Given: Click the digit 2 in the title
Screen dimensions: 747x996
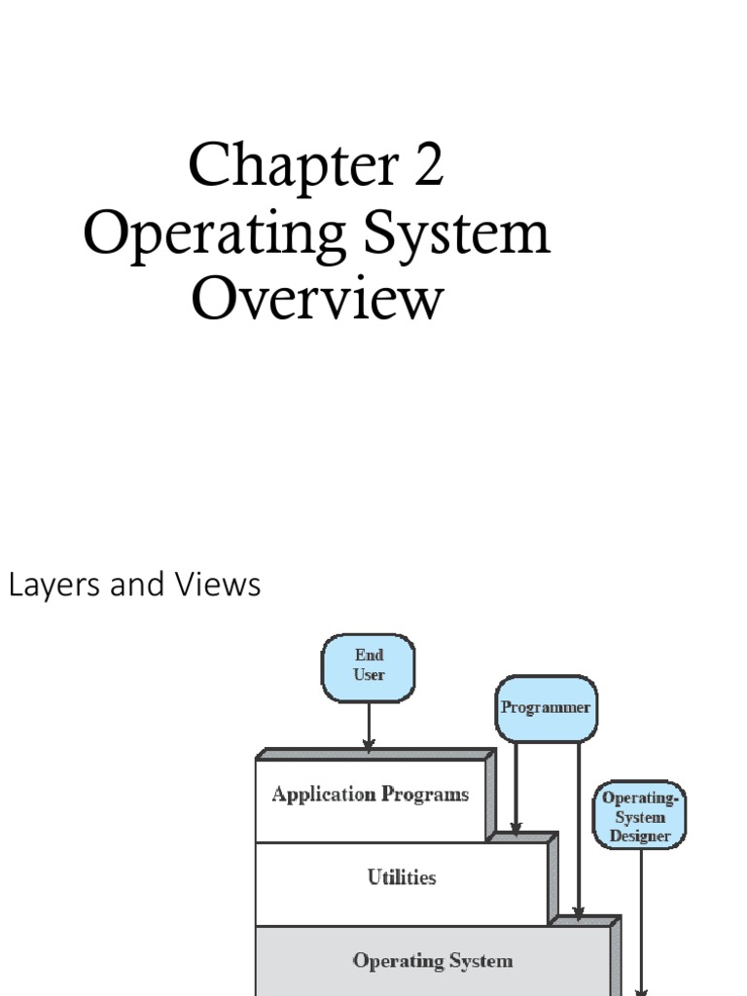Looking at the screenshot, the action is (x=426, y=165).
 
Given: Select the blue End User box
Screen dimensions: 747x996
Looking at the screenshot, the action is (x=369, y=667).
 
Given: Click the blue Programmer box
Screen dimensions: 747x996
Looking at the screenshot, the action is (x=545, y=708).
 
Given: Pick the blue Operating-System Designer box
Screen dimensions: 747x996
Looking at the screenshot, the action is (x=640, y=815).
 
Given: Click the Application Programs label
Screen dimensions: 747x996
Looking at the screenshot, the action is (x=370, y=795).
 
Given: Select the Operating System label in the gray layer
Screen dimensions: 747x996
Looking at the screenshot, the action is (x=432, y=961).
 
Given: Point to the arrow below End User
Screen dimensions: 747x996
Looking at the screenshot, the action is (x=369, y=726).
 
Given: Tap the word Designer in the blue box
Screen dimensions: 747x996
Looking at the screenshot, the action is (x=640, y=836).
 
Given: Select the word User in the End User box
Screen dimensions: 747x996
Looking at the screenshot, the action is (x=369, y=675).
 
